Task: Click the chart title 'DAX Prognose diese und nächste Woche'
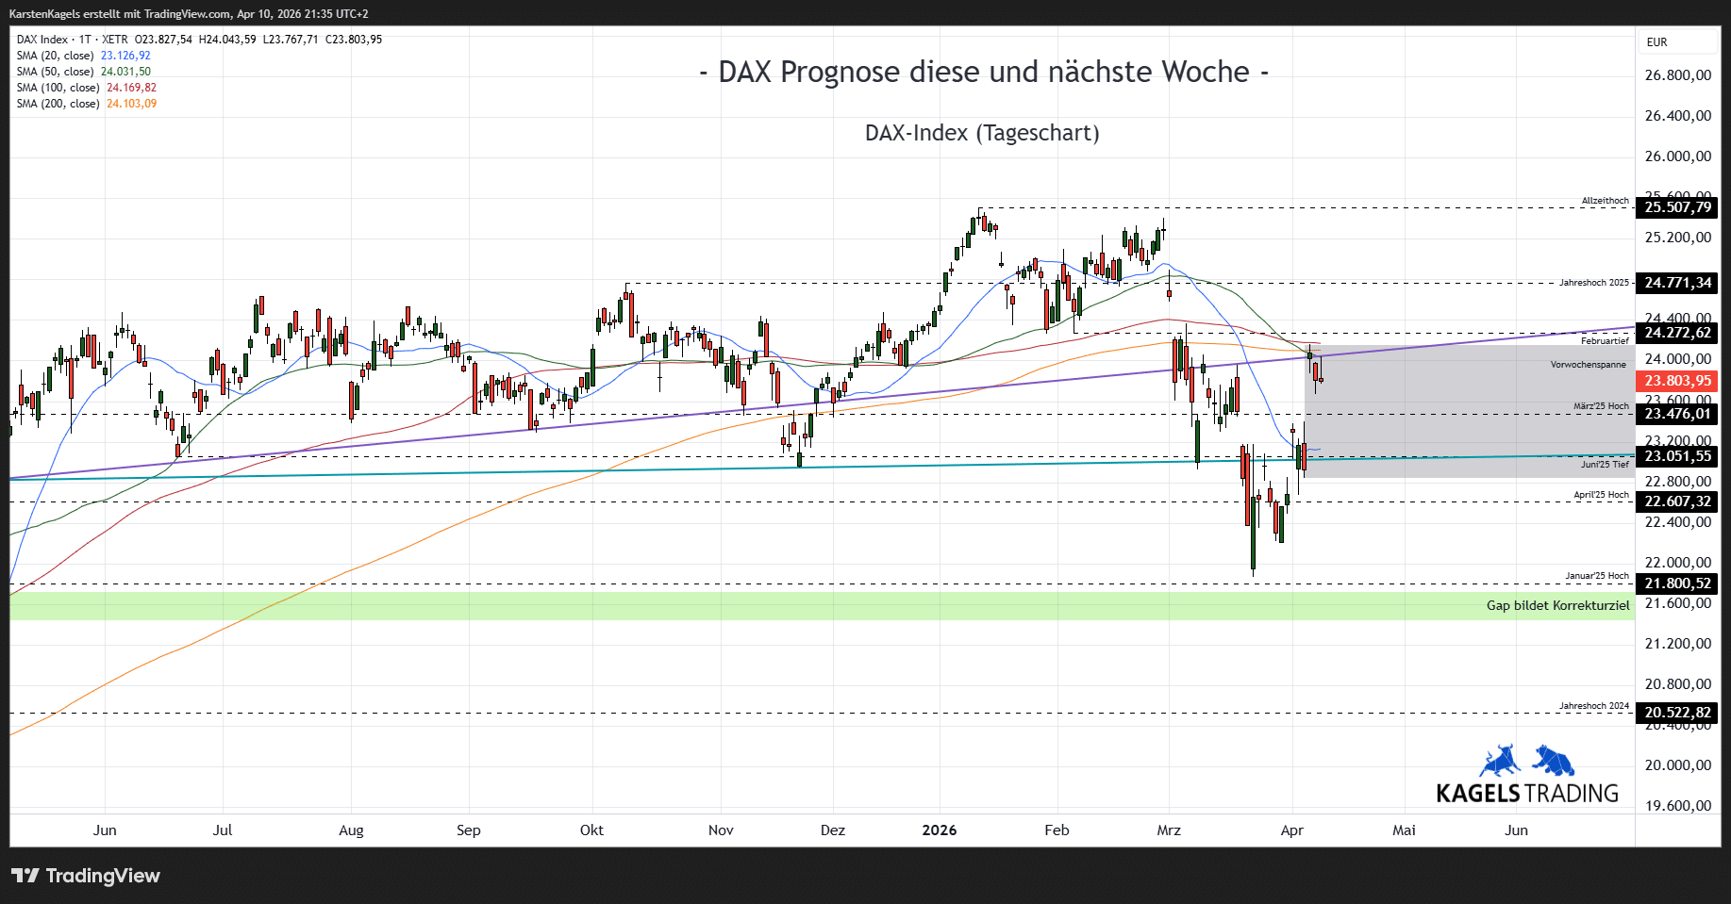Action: pyautogui.click(x=983, y=73)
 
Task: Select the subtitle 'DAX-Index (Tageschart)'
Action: pyautogui.click(x=982, y=133)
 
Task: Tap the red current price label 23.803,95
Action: pyautogui.click(x=1677, y=381)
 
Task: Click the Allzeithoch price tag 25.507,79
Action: pyautogui.click(x=1677, y=207)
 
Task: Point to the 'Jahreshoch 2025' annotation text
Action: pyautogui.click(x=1593, y=283)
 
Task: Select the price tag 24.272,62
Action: pyautogui.click(x=1677, y=333)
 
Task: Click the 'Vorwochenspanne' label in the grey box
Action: pyautogui.click(x=1588, y=365)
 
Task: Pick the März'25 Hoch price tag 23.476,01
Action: pyautogui.click(x=1677, y=414)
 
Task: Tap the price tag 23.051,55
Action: pyautogui.click(x=1677, y=456)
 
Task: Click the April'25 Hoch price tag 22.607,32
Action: pyautogui.click(x=1677, y=501)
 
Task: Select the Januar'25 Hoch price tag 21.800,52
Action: pyautogui.click(x=1677, y=583)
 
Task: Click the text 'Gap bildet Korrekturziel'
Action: pyautogui.click(x=1557, y=605)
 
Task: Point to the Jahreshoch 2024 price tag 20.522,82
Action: pyautogui.click(x=1677, y=713)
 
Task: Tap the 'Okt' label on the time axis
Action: pyautogui.click(x=591, y=830)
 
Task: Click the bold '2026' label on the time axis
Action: pyautogui.click(x=939, y=830)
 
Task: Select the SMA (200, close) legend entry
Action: pyautogui.click(x=86, y=104)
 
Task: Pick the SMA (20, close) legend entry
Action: pyautogui.click(x=83, y=56)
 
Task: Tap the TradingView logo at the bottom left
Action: pyautogui.click(x=86, y=876)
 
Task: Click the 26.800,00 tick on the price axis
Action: pyautogui.click(x=1677, y=75)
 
